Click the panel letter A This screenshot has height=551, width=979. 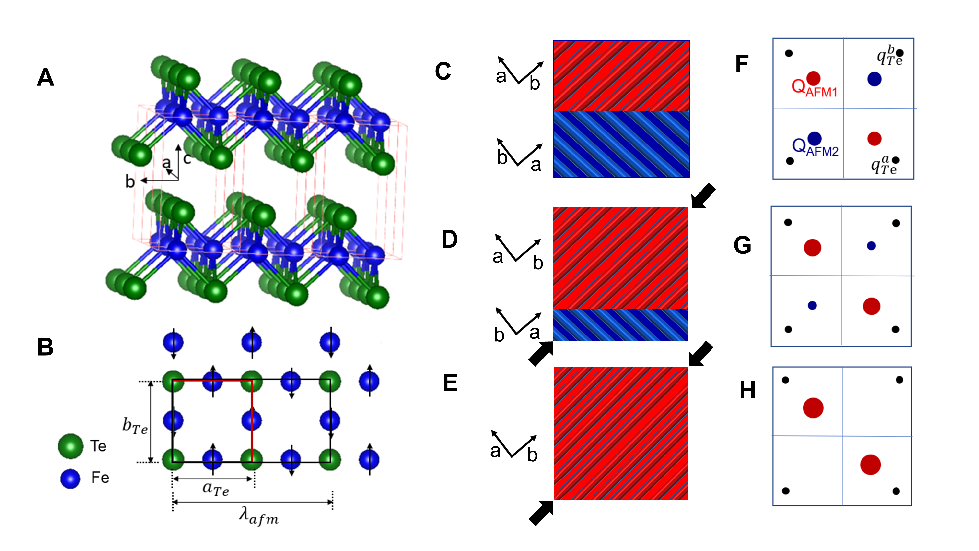[46, 78]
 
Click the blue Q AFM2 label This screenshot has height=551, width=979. [815, 147]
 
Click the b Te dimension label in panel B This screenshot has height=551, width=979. [135, 426]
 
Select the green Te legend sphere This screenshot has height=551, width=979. [71, 446]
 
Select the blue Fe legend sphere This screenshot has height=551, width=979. [70, 478]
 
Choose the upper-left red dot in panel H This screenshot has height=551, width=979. [813, 408]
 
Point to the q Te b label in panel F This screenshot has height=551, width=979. [889, 56]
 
